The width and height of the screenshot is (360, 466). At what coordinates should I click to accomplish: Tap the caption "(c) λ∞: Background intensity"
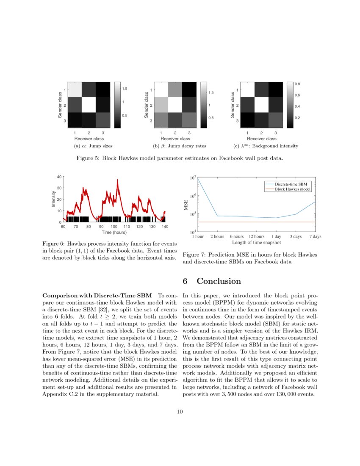coord(266,146)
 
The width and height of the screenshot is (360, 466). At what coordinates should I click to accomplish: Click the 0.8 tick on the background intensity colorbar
coord(298,84)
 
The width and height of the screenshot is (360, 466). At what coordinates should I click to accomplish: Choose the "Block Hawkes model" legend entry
coord(293,189)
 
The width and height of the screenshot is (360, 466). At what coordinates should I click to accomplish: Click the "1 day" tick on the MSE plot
coord(276,237)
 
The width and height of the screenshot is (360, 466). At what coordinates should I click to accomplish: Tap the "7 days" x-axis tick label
coord(315,237)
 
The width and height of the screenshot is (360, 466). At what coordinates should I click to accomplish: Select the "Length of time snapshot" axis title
coord(257,243)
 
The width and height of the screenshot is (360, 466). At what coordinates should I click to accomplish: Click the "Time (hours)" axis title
coord(114,232)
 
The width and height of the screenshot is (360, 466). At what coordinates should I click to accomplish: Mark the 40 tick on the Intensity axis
coord(59,176)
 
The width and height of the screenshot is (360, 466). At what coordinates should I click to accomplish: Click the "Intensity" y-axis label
coord(54,199)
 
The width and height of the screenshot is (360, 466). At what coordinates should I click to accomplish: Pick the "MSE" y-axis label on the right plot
coord(186,205)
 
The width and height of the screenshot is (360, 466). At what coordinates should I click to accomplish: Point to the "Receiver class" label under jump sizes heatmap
coord(89,139)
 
